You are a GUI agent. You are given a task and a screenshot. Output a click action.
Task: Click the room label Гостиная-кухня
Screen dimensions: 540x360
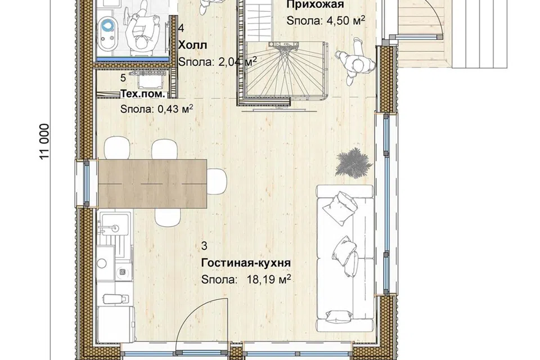(x=246, y=263)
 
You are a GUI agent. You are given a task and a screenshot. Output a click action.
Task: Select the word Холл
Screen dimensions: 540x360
(x=192, y=45)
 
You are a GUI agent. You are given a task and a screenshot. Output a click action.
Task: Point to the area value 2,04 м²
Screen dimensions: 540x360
(x=237, y=62)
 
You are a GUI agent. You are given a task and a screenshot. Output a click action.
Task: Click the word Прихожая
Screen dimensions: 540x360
(x=315, y=4)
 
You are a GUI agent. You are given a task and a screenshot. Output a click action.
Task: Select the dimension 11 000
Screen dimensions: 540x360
(x=45, y=141)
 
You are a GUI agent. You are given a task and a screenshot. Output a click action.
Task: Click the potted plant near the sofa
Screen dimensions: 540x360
(x=354, y=163)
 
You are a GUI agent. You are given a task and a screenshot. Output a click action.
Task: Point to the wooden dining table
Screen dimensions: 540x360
(x=152, y=183)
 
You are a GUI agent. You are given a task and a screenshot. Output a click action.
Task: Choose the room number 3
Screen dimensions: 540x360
(x=204, y=246)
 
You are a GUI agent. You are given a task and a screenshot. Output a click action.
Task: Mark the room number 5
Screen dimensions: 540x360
(x=123, y=78)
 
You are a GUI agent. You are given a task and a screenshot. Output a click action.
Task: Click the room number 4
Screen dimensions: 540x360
(x=181, y=28)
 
